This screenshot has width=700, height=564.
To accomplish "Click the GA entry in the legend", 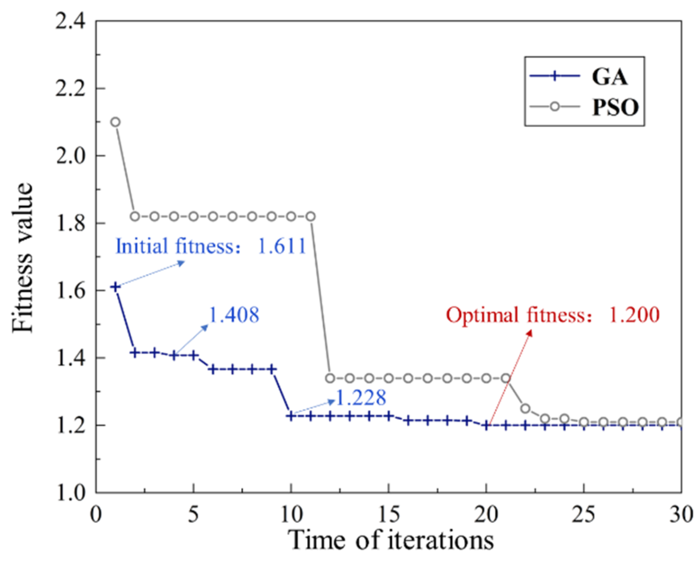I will click(x=609, y=76).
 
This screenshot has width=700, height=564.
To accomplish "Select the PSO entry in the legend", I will click(x=615, y=107).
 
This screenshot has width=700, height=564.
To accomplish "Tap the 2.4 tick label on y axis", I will click(x=71, y=21).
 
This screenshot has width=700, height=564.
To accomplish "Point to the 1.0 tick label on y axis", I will click(x=71, y=492).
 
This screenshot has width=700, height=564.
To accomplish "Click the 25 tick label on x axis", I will click(x=584, y=515).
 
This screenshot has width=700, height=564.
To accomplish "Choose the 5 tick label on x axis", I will click(x=194, y=515).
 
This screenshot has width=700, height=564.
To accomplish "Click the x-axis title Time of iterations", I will click(x=390, y=540).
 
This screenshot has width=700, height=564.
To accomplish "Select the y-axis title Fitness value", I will click(x=22, y=257).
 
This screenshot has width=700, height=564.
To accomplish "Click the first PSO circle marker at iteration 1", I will click(x=116, y=122).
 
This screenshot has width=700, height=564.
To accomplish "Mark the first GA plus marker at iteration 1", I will click(x=116, y=287).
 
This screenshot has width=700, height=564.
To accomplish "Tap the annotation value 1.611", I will click(x=282, y=246).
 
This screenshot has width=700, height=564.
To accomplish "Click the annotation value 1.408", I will click(x=234, y=315).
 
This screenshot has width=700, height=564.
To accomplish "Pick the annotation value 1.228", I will click(x=360, y=397).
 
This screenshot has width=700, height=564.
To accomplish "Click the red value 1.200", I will click(x=634, y=315).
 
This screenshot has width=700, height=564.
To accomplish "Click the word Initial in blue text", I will click(x=141, y=246).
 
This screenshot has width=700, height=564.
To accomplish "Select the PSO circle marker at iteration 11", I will click(x=311, y=216).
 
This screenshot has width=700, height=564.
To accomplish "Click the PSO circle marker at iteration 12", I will click(x=330, y=378).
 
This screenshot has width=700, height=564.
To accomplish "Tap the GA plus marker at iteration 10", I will click(x=291, y=416).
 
